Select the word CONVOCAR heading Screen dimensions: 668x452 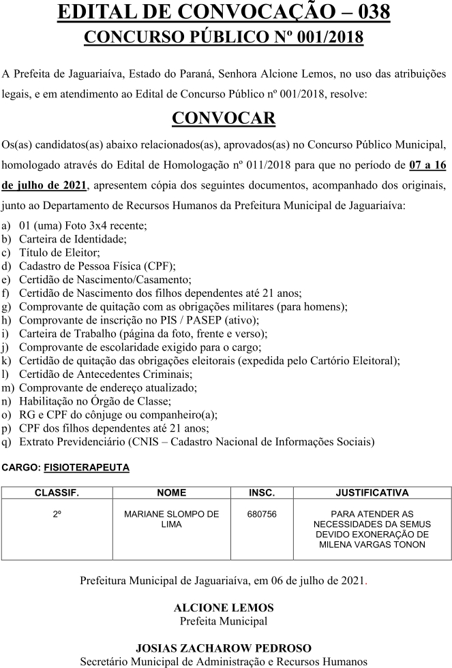pos(224,118)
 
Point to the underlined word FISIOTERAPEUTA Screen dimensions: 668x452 pos(86,468)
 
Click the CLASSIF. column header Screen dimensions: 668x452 pos(57,492)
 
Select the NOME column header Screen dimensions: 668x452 pos(171,492)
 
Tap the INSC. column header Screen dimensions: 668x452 pos(262,492)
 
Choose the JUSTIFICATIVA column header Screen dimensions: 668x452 pos(372,492)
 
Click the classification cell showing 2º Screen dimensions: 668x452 pos(57,515)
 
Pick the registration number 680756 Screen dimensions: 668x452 pos(262,515)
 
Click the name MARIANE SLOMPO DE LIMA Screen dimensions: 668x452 pos(171,520)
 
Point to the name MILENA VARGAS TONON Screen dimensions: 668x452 pos(372,545)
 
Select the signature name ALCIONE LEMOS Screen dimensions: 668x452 pos(224,607)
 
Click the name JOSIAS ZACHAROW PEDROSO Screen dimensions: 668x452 pos(224,648)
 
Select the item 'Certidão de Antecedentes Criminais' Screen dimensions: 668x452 pos(106,374)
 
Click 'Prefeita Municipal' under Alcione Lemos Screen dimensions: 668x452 pos(224,620)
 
